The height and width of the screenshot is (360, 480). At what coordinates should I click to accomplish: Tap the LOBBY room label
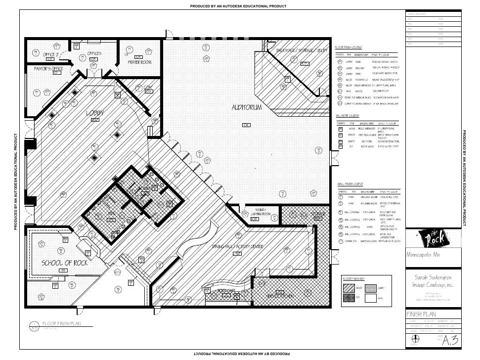(x=95, y=113)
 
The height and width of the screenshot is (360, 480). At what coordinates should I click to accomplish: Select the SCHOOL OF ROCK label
(x=65, y=263)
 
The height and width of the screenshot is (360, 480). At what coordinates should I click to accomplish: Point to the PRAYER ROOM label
(x=139, y=62)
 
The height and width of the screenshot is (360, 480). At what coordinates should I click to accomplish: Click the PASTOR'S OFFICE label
(x=48, y=68)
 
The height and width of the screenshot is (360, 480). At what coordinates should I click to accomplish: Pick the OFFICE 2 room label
(x=51, y=54)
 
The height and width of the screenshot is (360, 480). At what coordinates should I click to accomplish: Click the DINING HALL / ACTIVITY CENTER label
(x=237, y=246)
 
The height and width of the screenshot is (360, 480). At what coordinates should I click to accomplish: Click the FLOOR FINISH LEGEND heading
(x=349, y=46)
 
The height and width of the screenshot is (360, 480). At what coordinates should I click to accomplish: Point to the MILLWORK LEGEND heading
(x=347, y=115)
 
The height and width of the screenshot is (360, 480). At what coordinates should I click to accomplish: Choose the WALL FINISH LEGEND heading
(x=349, y=184)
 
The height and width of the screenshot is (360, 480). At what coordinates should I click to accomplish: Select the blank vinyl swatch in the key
(x=370, y=298)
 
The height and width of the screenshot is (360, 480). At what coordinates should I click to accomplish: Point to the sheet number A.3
(x=452, y=340)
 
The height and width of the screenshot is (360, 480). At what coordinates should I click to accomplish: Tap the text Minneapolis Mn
(x=424, y=255)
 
